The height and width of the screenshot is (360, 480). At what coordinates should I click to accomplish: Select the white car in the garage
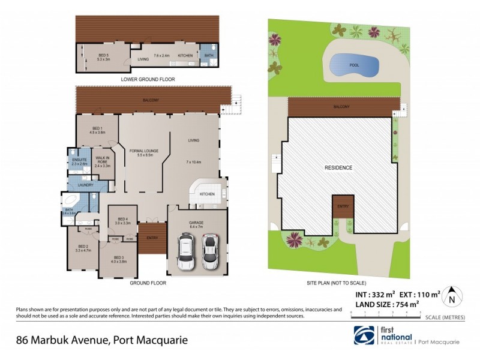click(x=186, y=251)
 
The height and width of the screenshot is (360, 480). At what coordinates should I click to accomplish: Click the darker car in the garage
click(x=209, y=251)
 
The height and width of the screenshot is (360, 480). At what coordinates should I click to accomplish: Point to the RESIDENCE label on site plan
click(x=338, y=167)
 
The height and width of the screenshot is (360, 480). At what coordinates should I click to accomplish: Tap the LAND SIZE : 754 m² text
click(x=385, y=305)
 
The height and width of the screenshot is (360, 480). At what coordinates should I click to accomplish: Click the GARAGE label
click(x=196, y=223)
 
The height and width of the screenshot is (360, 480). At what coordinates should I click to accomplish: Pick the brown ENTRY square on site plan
click(x=342, y=207)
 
